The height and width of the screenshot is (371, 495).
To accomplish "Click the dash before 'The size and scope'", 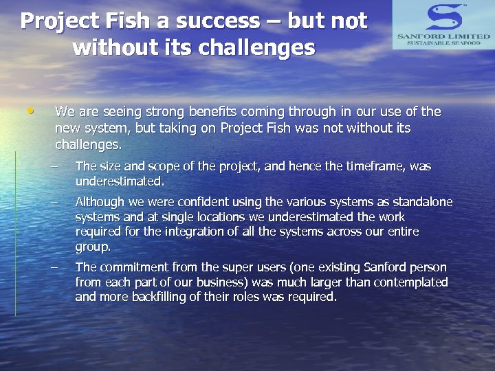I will (x=61, y=167).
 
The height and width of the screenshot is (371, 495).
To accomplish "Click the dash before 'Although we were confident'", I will (x=61, y=202).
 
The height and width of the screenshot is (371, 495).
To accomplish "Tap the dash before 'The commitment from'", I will (x=61, y=267).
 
